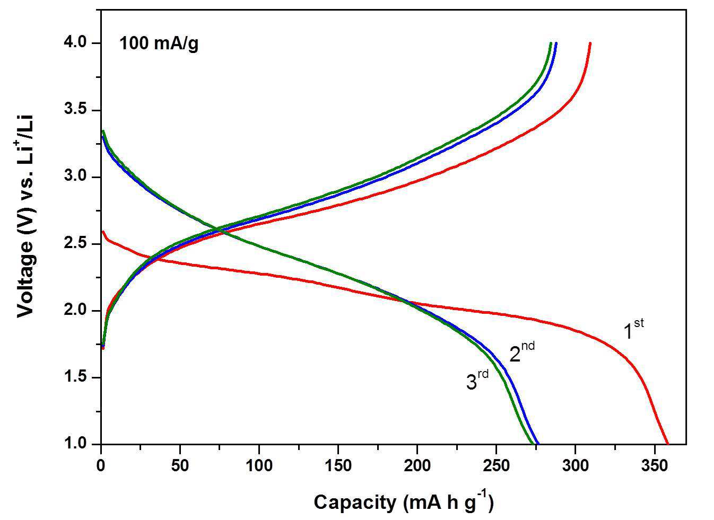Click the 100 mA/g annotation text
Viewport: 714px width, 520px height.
(x=159, y=43)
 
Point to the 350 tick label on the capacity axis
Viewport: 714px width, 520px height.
(x=654, y=466)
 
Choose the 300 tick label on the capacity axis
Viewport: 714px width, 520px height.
(x=575, y=466)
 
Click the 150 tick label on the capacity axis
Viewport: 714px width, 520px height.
(x=338, y=466)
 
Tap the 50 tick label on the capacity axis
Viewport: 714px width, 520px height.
(x=180, y=466)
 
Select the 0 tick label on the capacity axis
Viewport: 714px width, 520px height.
(x=101, y=466)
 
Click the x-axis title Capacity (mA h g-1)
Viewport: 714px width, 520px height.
(x=404, y=502)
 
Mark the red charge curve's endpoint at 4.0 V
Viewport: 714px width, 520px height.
(x=590, y=43)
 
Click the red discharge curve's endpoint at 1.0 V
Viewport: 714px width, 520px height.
(x=667, y=443)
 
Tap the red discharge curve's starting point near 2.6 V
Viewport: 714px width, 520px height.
(x=102, y=232)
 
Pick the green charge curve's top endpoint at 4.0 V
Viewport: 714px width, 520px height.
(x=551, y=43)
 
